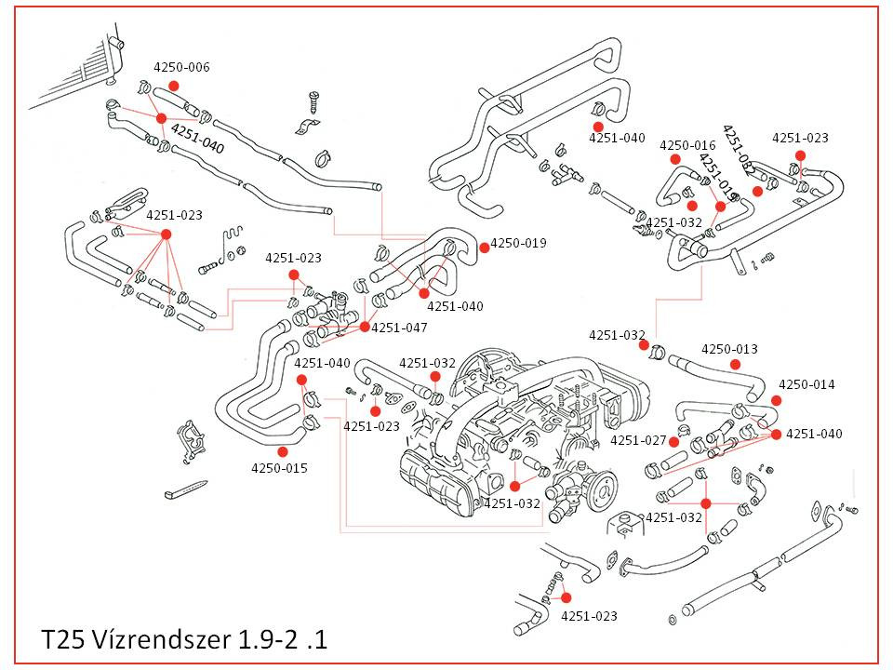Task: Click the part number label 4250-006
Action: coord(181,67)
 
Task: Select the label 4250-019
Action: coord(518,243)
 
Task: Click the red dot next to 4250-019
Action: coord(484,247)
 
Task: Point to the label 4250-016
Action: coord(687,145)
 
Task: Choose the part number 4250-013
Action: coord(729,349)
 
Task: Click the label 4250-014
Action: coord(806,384)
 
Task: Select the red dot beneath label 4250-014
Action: coord(776,400)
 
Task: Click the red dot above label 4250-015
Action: coord(282,451)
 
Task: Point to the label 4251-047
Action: coord(399,328)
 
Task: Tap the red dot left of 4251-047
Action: coord(365,328)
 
